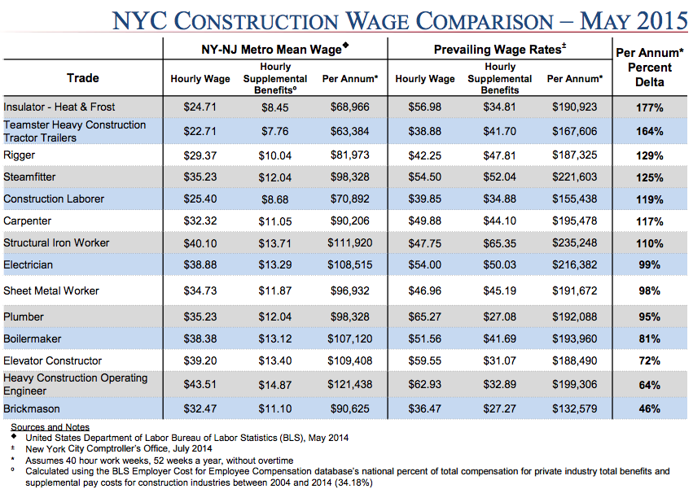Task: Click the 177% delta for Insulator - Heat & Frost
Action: (649, 107)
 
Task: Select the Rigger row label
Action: (20, 155)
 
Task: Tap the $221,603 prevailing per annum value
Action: (575, 177)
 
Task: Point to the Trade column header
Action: (83, 78)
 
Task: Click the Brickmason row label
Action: (32, 408)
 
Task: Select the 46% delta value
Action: (649, 409)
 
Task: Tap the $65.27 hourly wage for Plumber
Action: (425, 317)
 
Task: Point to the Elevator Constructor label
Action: (53, 360)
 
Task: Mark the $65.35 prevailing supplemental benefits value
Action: (499, 243)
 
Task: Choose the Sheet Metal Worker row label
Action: (51, 290)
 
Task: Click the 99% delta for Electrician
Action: (649, 265)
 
